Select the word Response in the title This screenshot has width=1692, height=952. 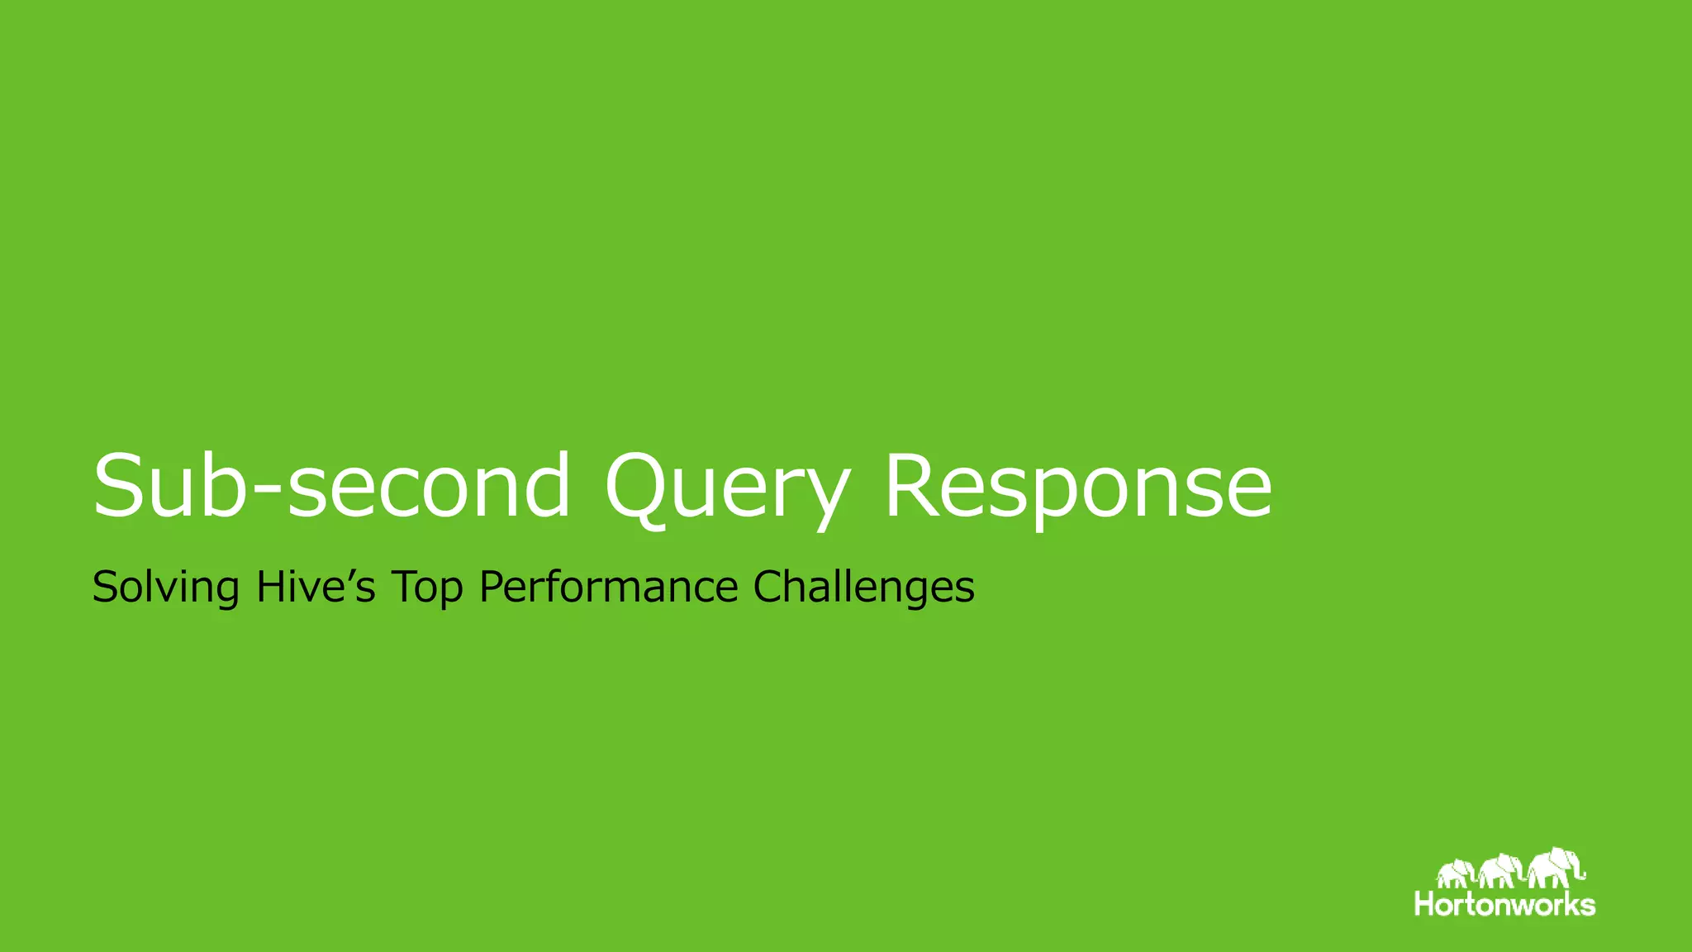pyautogui.click(x=1078, y=488)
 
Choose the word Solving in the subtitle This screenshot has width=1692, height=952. pyautogui.click(x=165, y=588)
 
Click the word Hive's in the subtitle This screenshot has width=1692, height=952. pyautogui.click(x=316, y=587)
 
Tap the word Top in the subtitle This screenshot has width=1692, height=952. pyautogui.click(x=426, y=588)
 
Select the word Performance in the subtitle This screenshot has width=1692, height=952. pyautogui.click(x=609, y=588)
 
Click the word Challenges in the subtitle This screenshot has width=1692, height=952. pyautogui.click(x=863, y=588)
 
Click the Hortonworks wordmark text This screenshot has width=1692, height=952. pyautogui.click(x=1504, y=903)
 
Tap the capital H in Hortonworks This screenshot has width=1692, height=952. pyautogui.click(x=1425, y=903)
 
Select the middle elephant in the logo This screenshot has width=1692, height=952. pyautogui.click(x=1500, y=871)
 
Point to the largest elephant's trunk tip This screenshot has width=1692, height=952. pyautogui.click(x=1583, y=875)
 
